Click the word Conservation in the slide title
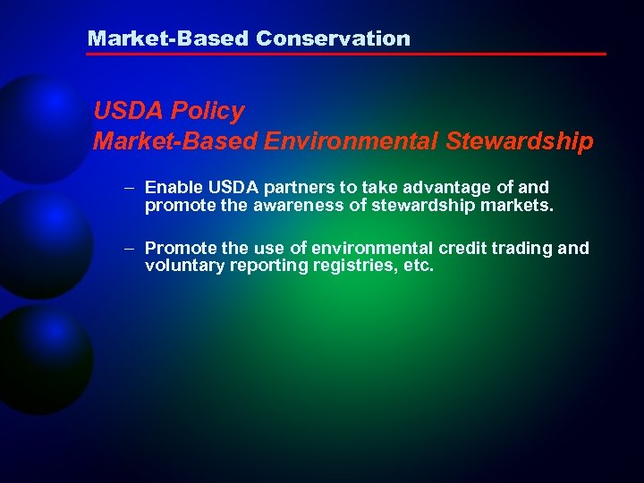333,38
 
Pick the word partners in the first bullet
284,188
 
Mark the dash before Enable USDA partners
130,188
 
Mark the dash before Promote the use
130,249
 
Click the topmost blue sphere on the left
36,125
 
